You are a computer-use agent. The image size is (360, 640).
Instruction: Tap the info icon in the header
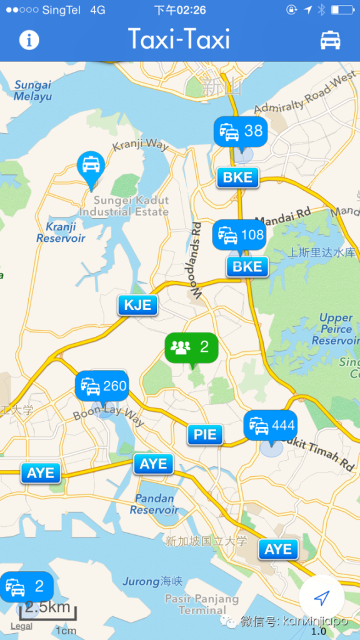[x=29, y=40]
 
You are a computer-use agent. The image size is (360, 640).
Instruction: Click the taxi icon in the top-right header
[x=330, y=40]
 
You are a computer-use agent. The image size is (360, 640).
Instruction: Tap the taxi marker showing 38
[x=241, y=131]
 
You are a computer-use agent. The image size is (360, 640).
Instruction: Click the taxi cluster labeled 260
[x=102, y=386]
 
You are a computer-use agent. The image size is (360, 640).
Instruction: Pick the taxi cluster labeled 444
[x=271, y=426]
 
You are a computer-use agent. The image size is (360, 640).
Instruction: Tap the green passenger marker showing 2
[x=191, y=347]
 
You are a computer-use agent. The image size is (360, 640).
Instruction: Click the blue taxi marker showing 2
[x=26, y=586]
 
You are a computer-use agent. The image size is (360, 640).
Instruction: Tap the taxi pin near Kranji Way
[x=91, y=166]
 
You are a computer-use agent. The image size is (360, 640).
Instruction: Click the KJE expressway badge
[x=137, y=306]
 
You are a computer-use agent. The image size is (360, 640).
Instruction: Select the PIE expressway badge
[x=205, y=434]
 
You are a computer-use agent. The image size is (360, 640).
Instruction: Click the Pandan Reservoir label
[x=154, y=504]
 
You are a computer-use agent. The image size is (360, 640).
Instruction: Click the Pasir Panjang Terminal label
[x=202, y=604]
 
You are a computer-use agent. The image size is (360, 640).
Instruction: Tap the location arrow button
[x=321, y=598]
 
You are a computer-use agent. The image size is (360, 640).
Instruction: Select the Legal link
[x=21, y=626]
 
